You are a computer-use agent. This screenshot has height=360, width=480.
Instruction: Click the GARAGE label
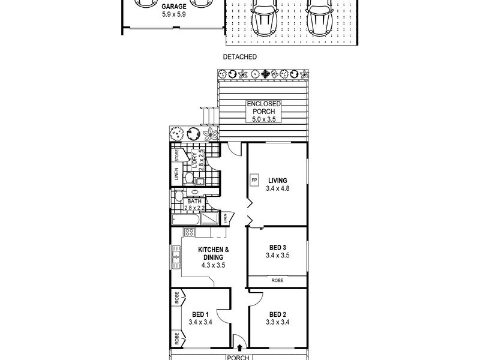tap(174, 7)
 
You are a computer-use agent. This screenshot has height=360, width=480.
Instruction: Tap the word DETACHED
tap(239, 56)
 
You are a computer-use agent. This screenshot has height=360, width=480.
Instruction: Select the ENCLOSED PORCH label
tap(263, 108)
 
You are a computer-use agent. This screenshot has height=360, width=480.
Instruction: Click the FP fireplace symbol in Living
tap(254, 180)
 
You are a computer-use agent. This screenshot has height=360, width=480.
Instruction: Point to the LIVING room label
tap(278, 181)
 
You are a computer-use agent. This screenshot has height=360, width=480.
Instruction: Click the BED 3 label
tap(278, 247)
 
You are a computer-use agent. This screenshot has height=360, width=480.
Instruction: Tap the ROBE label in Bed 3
tap(277, 280)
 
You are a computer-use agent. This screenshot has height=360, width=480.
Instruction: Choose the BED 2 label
tap(278, 314)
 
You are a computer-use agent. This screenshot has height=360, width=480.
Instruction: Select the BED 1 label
tap(200, 314)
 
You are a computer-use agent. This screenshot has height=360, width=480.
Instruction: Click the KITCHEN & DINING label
tap(214, 253)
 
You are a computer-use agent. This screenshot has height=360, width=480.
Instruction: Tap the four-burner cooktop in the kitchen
tap(189, 232)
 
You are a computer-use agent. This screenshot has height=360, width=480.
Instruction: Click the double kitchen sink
tap(176, 257)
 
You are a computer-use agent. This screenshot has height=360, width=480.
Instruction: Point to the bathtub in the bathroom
tap(185, 219)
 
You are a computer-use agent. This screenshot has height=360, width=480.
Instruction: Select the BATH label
tap(194, 202)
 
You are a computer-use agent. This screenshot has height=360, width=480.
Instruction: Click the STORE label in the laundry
tap(176, 155)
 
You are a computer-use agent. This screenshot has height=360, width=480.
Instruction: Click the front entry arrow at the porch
tap(239, 347)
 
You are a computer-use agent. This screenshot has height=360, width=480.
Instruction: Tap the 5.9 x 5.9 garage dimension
tap(174, 14)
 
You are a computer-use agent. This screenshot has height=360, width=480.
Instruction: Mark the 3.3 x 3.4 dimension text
tap(278, 322)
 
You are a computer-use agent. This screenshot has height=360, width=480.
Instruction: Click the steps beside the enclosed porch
tap(209, 116)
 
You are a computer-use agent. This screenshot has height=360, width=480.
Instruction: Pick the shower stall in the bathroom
tap(209, 218)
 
